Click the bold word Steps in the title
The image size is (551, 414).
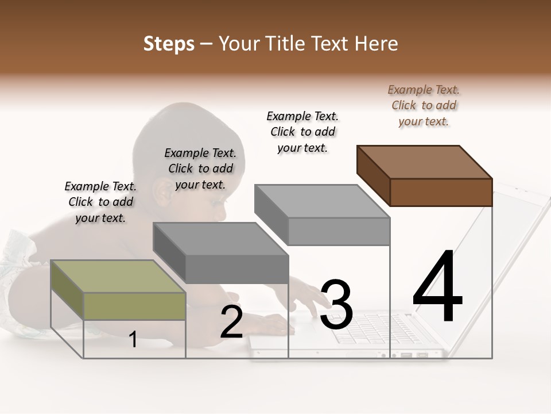pos(169,44)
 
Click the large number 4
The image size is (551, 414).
pos(437,287)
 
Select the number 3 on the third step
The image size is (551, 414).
pos(336,305)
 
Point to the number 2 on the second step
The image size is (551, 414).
pos(231,323)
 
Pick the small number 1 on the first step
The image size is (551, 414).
pos(133,340)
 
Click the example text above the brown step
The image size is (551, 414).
pos(424,105)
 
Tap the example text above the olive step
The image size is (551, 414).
pos(100,202)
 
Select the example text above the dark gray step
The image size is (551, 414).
pos(200,168)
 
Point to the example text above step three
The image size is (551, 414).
pos(302,132)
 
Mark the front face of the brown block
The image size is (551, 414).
pos(441,192)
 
